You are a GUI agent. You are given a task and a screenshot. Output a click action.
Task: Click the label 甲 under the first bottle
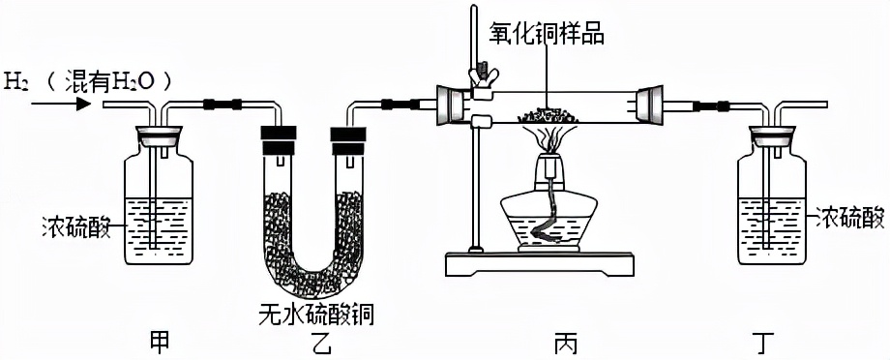coord(159,340)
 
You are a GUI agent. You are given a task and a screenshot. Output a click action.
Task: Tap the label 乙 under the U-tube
coord(311,340)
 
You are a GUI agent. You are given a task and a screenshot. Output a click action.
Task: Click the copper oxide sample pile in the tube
coord(548,116)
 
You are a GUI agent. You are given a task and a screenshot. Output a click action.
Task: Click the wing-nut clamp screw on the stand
coord(478,75)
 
